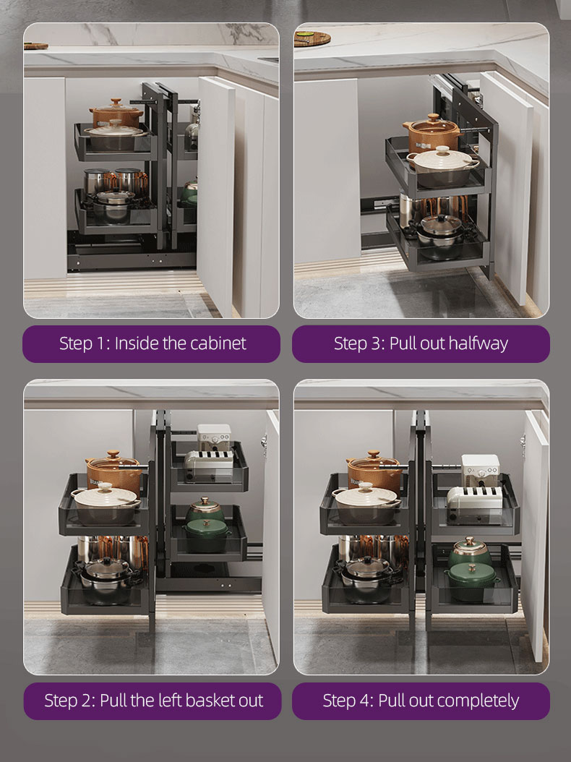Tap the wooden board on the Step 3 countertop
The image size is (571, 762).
tap(312, 38)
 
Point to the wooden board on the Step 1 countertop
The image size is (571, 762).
tap(36, 46)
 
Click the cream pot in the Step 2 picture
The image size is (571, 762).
tap(106, 504)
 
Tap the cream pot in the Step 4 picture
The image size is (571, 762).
tap(366, 503)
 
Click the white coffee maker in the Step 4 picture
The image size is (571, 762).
tap(480, 471)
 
